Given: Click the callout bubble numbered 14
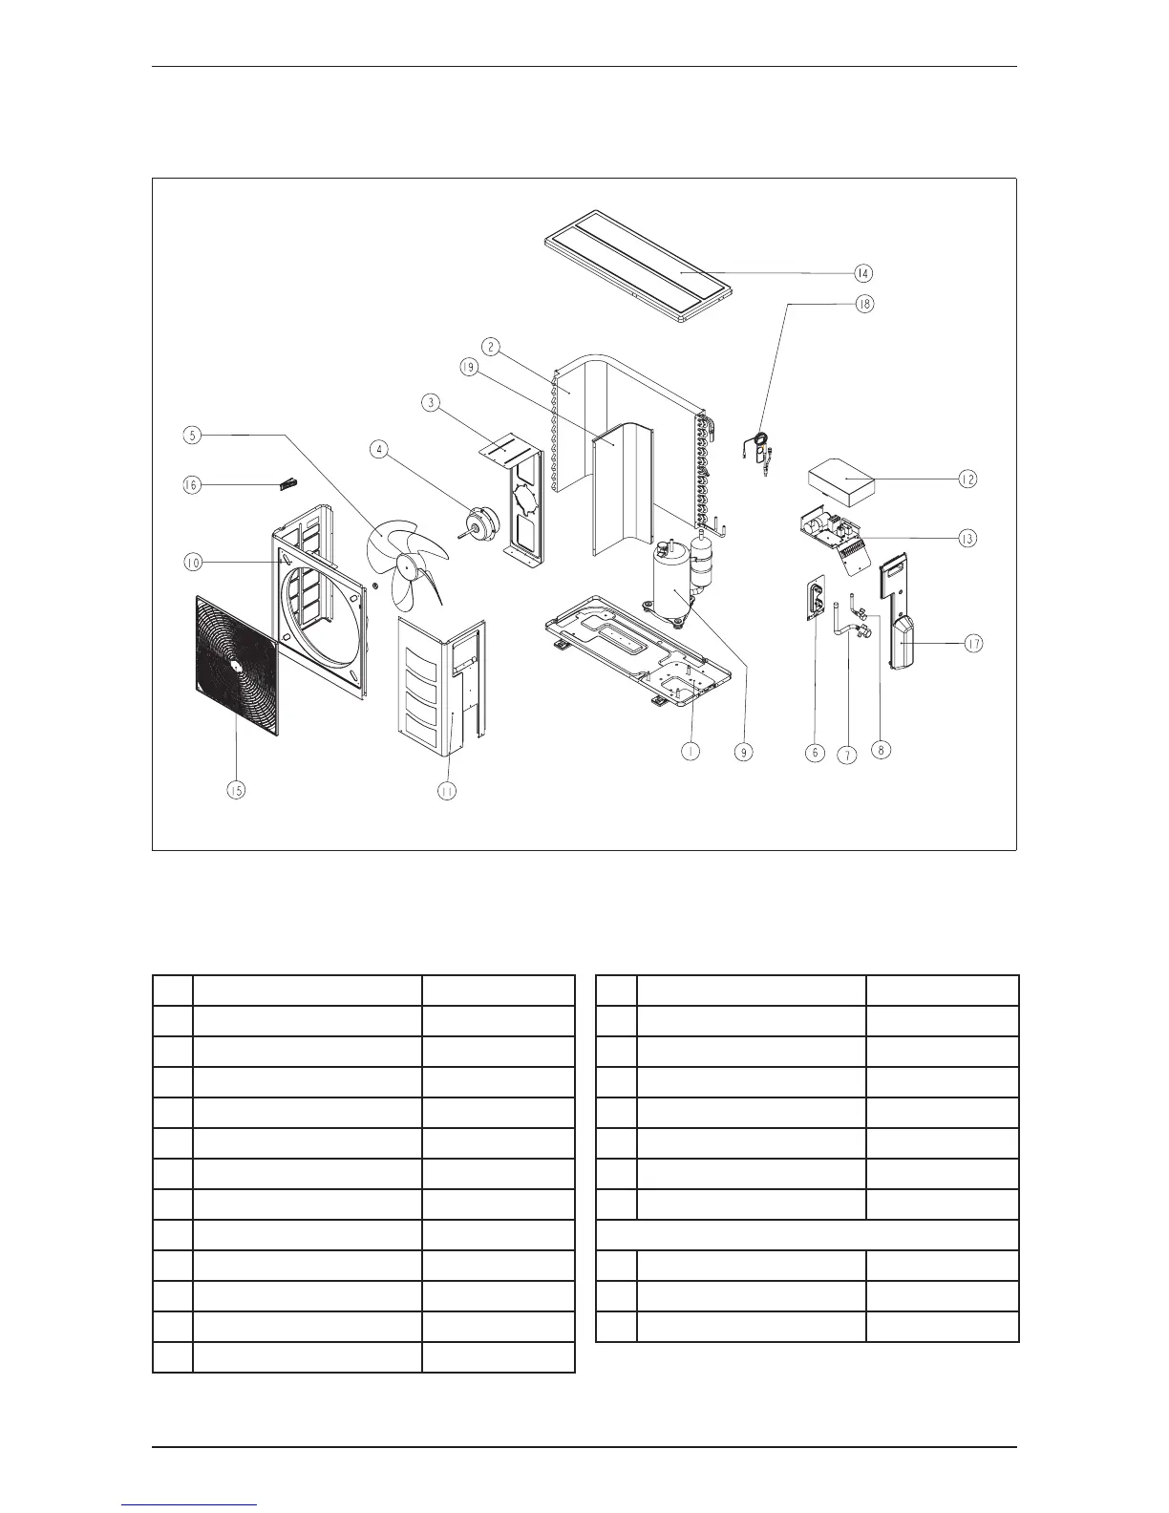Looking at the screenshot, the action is [863, 273].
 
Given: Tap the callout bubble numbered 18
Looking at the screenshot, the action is [863, 305].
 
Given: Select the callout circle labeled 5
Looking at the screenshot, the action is [193, 436].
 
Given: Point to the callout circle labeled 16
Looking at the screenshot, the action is [193, 485].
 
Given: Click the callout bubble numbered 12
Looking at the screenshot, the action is [967, 479].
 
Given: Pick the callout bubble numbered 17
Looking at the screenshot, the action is [972, 644].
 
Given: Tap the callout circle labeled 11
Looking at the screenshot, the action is [447, 790].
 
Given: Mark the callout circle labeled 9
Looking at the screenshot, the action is [743, 753].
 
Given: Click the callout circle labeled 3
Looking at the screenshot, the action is [432, 403].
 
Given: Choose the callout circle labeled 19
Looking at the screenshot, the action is [469, 371].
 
